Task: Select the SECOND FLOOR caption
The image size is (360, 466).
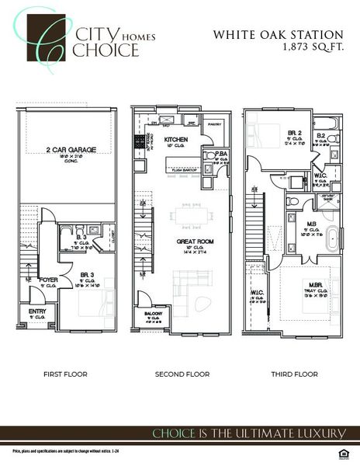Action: (182, 374)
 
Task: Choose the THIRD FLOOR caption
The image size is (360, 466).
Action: (294, 374)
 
